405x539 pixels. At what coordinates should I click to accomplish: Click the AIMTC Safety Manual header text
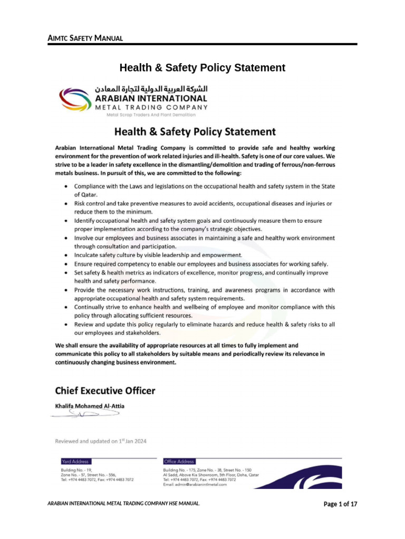coord(85,38)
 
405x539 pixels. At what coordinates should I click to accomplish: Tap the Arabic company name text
coord(151,88)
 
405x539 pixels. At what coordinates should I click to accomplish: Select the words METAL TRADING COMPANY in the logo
coord(151,107)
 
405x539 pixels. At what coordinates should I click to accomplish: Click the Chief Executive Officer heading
coord(105,391)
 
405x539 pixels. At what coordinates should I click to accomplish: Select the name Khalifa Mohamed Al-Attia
coord(91,406)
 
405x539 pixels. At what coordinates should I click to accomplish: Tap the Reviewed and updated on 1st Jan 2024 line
coord(101,441)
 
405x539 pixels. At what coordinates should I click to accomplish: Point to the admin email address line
coord(195,485)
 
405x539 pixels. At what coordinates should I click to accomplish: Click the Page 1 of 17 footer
coord(340,504)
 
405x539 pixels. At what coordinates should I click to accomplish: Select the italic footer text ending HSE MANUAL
coord(123,504)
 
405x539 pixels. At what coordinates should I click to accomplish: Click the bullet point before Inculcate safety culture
coord(65,255)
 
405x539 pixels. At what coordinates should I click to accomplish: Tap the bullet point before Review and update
coord(65,325)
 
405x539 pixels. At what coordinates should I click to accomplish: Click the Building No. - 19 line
coord(77,470)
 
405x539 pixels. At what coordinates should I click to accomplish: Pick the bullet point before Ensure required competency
coord(65,264)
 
